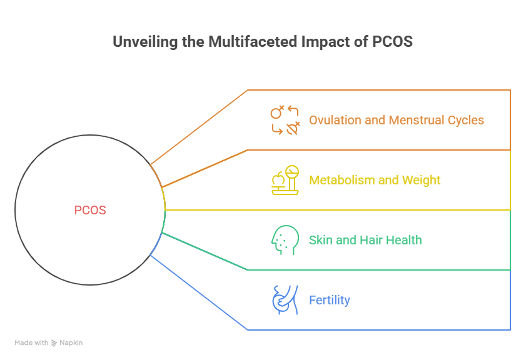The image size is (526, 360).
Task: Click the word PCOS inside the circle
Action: [90, 211]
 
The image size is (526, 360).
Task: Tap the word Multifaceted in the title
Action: [245, 42]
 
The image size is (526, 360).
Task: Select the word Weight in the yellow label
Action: [422, 181]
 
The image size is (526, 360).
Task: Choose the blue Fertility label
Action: [330, 301]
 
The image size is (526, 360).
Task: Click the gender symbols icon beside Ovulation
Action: [285, 120]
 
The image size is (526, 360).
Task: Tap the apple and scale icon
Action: [285, 180]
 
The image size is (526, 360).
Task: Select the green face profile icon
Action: [284, 240]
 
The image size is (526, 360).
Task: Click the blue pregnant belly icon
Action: [283, 300]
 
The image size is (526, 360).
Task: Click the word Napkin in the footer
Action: [71, 343]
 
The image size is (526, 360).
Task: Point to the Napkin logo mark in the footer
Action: [54, 343]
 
